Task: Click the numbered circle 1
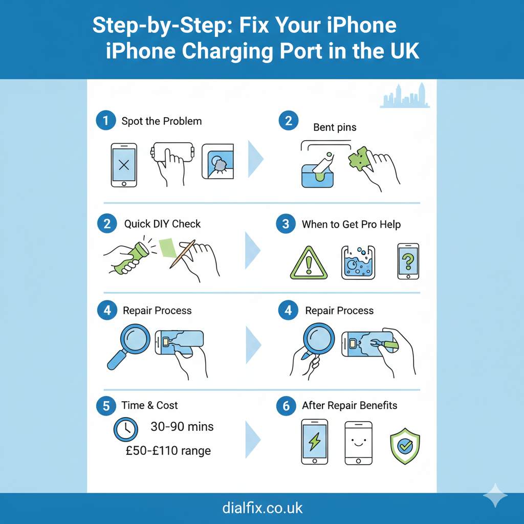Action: [106, 120]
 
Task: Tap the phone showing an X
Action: [124, 165]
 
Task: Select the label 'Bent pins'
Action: [335, 127]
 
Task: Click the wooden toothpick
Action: [183, 254]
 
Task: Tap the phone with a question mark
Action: [408, 261]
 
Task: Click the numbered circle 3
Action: [286, 224]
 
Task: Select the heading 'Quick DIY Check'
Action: [162, 224]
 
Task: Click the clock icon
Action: [126, 429]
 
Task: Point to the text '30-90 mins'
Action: [182, 427]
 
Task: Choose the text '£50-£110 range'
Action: [168, 451]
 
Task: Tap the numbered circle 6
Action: [286, 406]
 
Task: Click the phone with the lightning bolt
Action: [315, 442]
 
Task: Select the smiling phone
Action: [358, 443]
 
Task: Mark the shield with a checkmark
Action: [405, 446]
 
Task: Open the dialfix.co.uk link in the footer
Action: [263, 508]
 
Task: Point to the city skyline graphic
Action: [405, 95]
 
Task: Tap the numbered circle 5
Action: [106, 406]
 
